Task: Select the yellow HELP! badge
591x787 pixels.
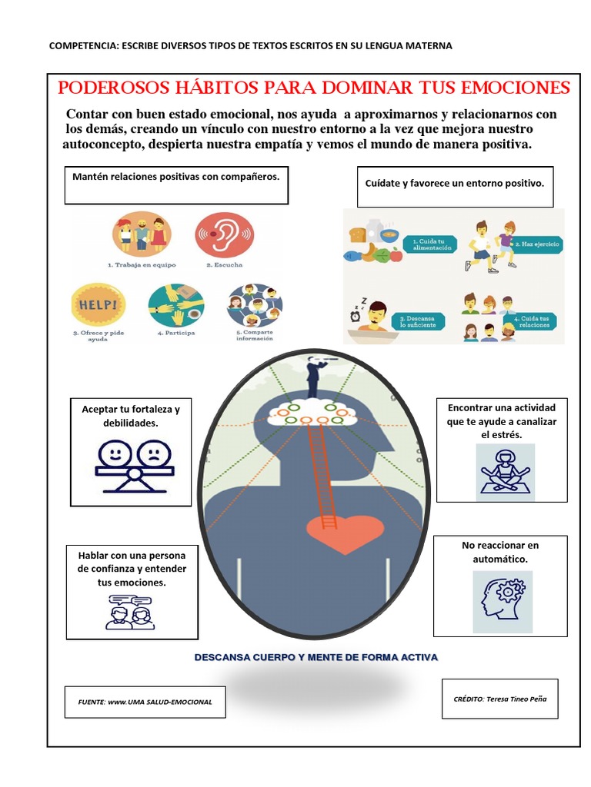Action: [x=95, y=304]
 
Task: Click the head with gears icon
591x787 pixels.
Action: [x=503, y=601]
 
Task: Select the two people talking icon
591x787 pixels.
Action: [x=130, y=612]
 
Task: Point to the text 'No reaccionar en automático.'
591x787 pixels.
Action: [x=500, y=552]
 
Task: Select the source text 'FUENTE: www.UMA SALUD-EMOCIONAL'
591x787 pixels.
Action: [x=145, y=702]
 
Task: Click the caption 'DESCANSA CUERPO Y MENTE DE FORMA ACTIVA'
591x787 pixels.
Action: [x=316, y=658]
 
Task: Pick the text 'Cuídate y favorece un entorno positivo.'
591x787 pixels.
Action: [x=455, y=184]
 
